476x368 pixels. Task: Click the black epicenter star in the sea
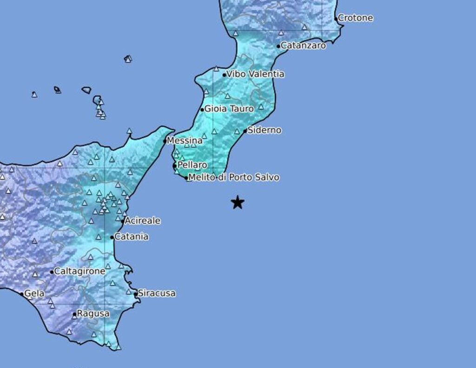(x=238, y=203)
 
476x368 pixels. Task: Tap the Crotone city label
(x=356, y=18)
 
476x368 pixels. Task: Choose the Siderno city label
(x=264, y=131)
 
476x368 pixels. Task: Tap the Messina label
(x=185, y=141)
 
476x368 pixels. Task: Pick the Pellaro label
(x=192, y=165)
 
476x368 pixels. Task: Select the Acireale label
(x=142, y=221)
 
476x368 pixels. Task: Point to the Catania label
(x=132, y=237)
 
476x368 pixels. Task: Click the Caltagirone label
(x=79, y=271)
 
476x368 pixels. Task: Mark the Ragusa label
(x=93, y=314)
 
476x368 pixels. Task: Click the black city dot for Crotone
(x=337, y=19)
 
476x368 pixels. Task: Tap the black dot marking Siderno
(x=245, y=131)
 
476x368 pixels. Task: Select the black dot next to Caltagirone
(x=52, y=272)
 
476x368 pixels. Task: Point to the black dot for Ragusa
(x=74, y=315)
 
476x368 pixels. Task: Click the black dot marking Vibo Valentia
(x=224, y=75)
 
